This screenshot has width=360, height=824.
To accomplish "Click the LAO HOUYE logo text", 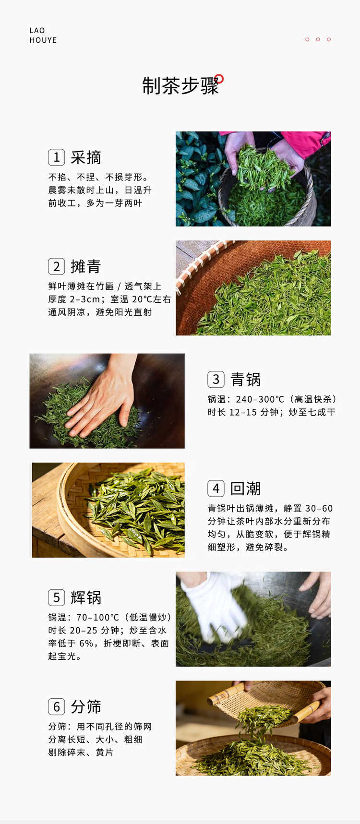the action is click(43, 35).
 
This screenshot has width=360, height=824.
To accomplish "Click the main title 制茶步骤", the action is click(180, 86).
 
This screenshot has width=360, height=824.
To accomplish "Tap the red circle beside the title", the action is click(219, 78).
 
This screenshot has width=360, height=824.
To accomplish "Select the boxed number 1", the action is click(56, 157).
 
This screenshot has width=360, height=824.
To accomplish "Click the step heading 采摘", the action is click(86, 157).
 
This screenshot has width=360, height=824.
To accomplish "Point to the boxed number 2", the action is click(56, 266).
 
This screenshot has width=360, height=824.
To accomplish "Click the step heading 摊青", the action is click(86, 266).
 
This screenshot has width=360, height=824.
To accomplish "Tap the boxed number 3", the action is click(216, 379).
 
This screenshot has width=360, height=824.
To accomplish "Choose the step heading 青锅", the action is click(246, 379).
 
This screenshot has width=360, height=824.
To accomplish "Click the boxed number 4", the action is click(216, 489).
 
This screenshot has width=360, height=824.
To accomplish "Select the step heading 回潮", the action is click(246, 489).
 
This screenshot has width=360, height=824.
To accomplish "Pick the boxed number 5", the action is click(56, 597).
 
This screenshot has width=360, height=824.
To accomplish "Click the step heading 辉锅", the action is click(86, 597).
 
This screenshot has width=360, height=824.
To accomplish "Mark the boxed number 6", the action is click(56, 706).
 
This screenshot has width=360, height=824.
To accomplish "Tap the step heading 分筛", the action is click(86, 706).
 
